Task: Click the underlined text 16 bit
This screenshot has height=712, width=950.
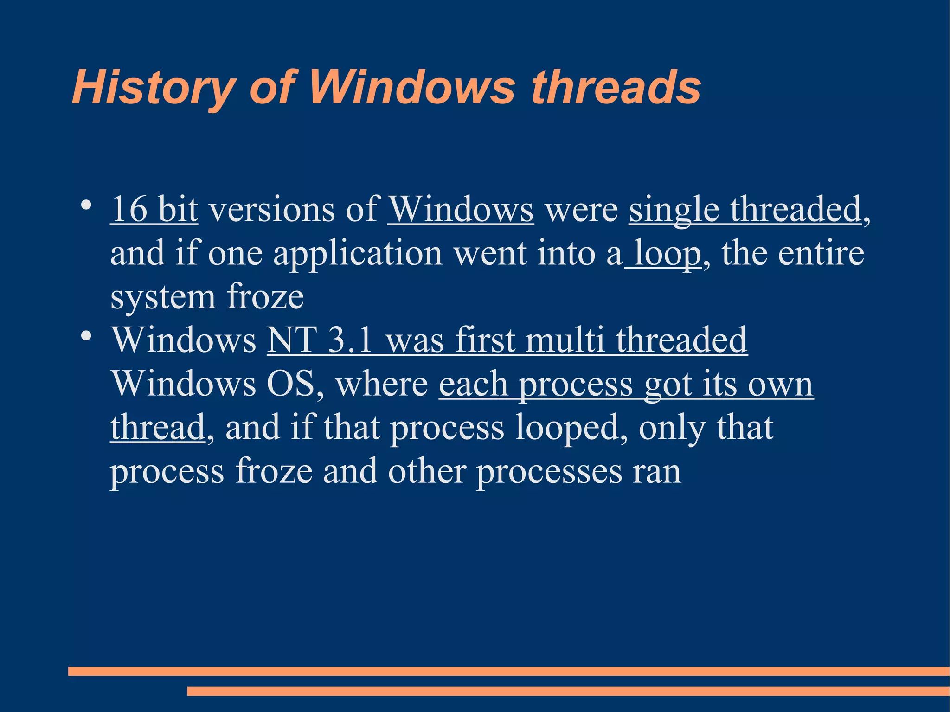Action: (x=154, y=210)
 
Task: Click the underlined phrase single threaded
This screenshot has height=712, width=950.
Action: (x=745, y=210)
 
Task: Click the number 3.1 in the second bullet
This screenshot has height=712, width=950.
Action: (x=350, y=340)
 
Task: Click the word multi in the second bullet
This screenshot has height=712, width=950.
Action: (x=565, y=340)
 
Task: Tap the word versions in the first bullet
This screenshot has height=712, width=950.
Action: (x=271, y=210)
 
